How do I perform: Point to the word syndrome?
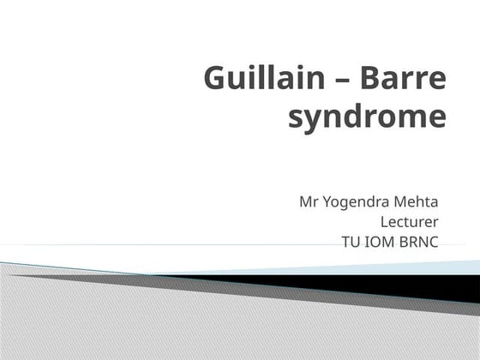(x=367, y=117)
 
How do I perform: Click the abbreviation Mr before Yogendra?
(x=308, y=202)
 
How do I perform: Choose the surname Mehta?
(x=417, y=202)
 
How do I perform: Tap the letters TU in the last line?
(x=350, y=242)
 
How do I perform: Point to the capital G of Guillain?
(x=215, y=80)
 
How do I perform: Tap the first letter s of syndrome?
(x=294, y=118)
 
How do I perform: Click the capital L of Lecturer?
(x=395, y=222)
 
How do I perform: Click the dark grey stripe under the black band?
(x=257, y=291)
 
